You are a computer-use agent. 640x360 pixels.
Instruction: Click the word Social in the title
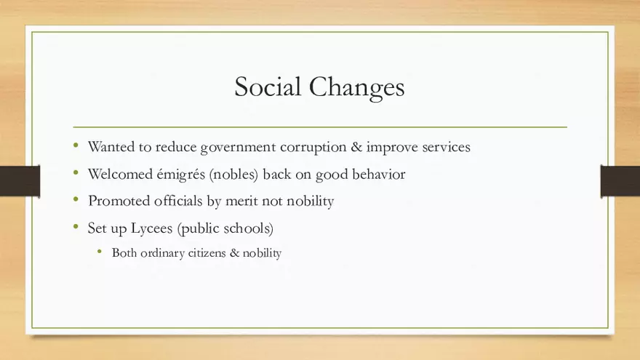click(x=268, y=87)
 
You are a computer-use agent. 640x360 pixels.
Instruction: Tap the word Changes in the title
click(x=357, y=88)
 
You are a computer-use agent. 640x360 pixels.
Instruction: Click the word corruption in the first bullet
click(x=313, y=148)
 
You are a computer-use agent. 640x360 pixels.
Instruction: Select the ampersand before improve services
click(x=356, y=146)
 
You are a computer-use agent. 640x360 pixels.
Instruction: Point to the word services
click(x=446, y=147)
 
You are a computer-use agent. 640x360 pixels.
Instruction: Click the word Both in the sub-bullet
click(x=124, y=253)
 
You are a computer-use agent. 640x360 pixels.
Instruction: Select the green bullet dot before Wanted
click(x=76, y=145)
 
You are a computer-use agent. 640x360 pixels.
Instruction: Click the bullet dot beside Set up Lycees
click(x=76, y=226)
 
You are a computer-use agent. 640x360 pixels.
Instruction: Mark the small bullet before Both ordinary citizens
click(x=100, y=252)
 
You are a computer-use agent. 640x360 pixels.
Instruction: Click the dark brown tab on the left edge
click(x=20, y=181)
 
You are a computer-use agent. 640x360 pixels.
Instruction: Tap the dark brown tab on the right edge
click(x=620, y=181)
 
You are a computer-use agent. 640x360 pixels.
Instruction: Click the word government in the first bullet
click(x=238, y=148)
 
